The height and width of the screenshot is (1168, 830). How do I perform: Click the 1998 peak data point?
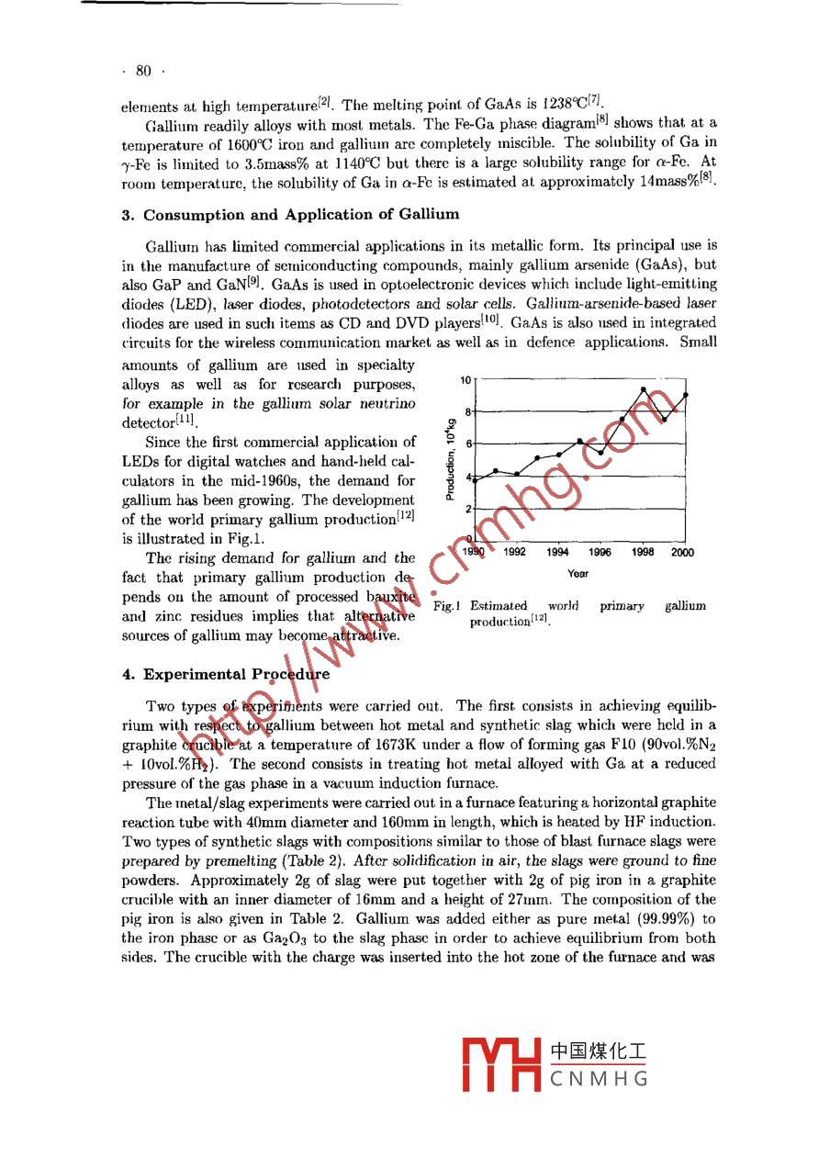pos(644,389)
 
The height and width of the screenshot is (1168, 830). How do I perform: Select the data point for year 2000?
pos(686,395)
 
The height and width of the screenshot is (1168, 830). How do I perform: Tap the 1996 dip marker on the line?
pos(601,453)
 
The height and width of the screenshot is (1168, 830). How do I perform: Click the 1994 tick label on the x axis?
pos(557,553)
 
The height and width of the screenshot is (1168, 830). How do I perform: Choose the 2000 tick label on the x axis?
pos(682,553)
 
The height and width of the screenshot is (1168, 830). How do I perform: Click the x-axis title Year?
pos(578,574)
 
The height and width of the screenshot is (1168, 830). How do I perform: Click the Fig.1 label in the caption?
pos(445,606)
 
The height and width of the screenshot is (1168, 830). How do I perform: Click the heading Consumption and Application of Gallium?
pos(290,215)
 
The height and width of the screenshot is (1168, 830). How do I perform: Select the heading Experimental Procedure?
pos(226,674)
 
